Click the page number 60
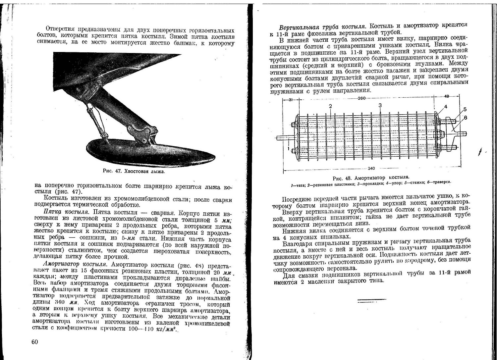click(35, 341)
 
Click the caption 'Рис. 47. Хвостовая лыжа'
click(134, 172)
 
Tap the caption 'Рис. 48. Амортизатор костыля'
click(371, 177)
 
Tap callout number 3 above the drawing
click(380, 105)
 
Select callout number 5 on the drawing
click(465, 109)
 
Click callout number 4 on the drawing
click(446, 107)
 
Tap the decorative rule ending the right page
click(372, 300)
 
